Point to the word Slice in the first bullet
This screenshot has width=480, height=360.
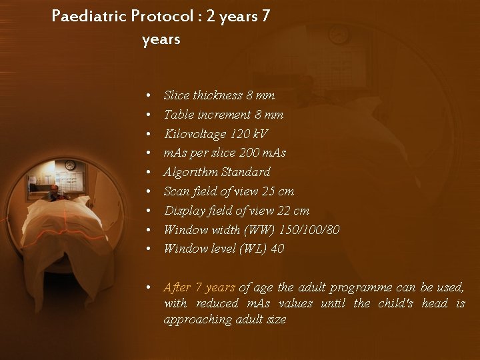click(176, 95)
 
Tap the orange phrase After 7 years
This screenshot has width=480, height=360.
click(199, 288)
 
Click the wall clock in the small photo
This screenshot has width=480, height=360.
click(69, 165)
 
